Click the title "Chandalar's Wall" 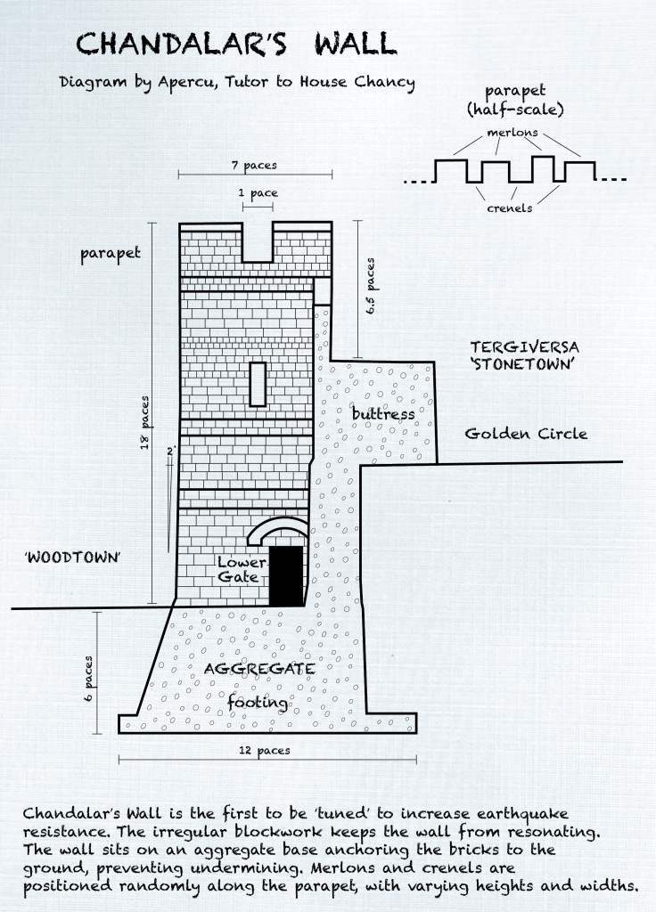[236, 44]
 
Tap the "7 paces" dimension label [254, 166]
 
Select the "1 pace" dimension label [258, 193]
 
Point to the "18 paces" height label [145, 423]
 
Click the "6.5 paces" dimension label [370, 286]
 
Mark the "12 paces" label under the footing [264, 750]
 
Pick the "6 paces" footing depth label [88, 679]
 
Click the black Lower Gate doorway [286, 576]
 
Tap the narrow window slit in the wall [258, 384]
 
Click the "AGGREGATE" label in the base [259, 669]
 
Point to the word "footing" [258, 704]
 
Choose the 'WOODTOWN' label [72, 558]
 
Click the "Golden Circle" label [526, 434]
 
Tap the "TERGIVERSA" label [524, 347]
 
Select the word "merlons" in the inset [512, 133]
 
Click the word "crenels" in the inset [509, 208]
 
